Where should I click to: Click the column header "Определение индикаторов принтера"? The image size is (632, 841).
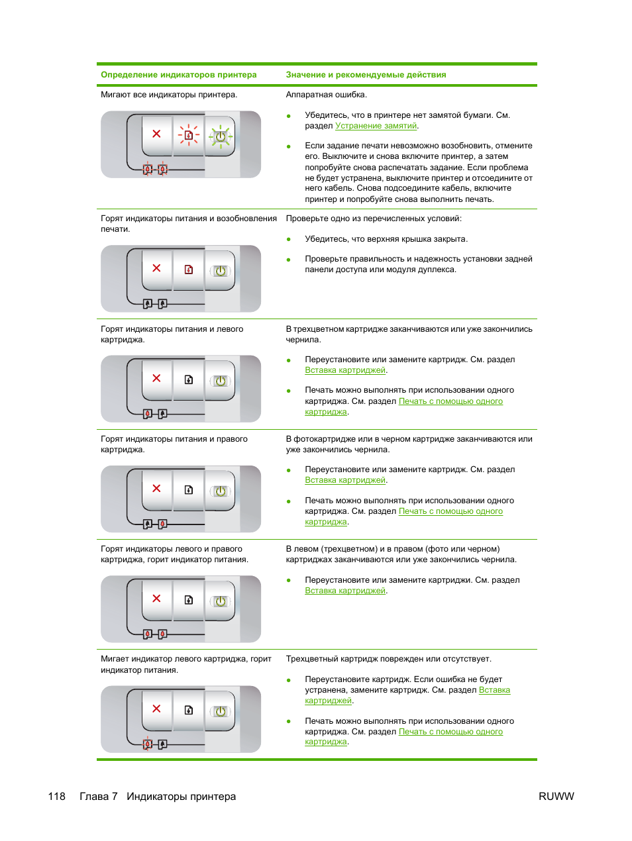pos(178,75)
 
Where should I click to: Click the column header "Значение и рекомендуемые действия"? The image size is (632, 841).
pos(366,75)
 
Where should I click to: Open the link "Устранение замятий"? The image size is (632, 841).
pos(376,126)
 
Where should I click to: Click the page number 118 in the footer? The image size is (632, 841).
pos(56,797)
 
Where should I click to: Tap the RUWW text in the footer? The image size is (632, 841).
pos(556,797)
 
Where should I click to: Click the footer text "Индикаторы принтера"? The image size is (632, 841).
pos(181,797)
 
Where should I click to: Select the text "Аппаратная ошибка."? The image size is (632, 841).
pos(326,95)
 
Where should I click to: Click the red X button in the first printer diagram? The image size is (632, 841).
pos(156,134)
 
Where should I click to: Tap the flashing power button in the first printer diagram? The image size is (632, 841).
pos(221,137)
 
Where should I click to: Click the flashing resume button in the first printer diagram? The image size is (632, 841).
pos(189,135)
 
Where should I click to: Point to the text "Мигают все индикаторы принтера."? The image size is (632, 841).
pos(169,95)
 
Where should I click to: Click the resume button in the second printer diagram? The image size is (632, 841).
pos(189,270)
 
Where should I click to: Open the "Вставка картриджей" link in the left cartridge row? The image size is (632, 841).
pos(344,370)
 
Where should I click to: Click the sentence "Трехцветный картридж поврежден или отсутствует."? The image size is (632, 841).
pos(388,659)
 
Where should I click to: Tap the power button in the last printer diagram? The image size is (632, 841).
pos(221,711)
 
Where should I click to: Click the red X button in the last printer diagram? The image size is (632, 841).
pos(156,709)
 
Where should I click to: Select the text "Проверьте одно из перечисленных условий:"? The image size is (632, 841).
pos(374,219)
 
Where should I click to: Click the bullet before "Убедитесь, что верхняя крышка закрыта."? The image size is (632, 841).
pos(289,240)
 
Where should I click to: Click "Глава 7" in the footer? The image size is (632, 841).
pos(98,797)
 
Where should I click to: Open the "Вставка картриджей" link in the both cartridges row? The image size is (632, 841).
pos(344,591)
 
